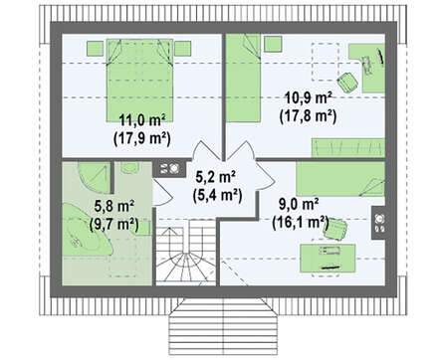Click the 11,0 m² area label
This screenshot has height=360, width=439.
point(142,120)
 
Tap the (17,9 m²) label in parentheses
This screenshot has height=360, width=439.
point(141,139)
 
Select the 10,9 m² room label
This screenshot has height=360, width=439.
point(309,98)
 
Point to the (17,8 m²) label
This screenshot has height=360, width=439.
point(308,116)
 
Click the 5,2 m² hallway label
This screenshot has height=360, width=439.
point(216,177)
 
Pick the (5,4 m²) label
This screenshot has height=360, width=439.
point(217,195)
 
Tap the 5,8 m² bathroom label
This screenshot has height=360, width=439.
point(114,207)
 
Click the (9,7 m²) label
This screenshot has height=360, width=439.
point(113,225)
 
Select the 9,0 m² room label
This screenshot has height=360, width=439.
point(299,204)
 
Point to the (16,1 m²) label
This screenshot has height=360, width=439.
point(301,223)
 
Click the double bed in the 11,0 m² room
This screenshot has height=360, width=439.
point(139,81)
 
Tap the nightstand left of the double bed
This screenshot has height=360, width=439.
point(95,49)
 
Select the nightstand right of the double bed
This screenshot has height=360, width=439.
point(183,49)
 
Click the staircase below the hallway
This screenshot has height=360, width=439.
point(186,252)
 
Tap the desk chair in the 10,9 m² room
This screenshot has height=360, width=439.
point(347,82)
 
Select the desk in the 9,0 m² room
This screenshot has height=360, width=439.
point(328,259)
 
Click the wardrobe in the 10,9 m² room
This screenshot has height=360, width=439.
point(348,147)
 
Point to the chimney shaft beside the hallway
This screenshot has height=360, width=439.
point(169,169)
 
